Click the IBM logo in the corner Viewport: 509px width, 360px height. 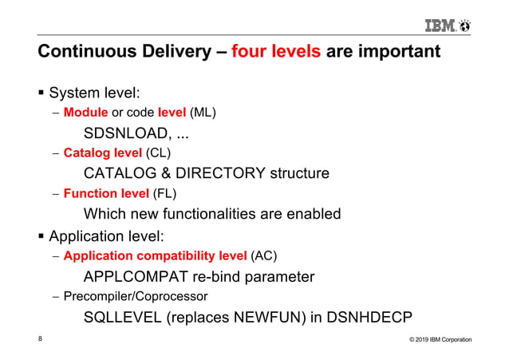tap(447, 26)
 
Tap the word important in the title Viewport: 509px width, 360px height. tap(396, 53)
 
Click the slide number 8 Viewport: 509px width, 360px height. tap(41, 339)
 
